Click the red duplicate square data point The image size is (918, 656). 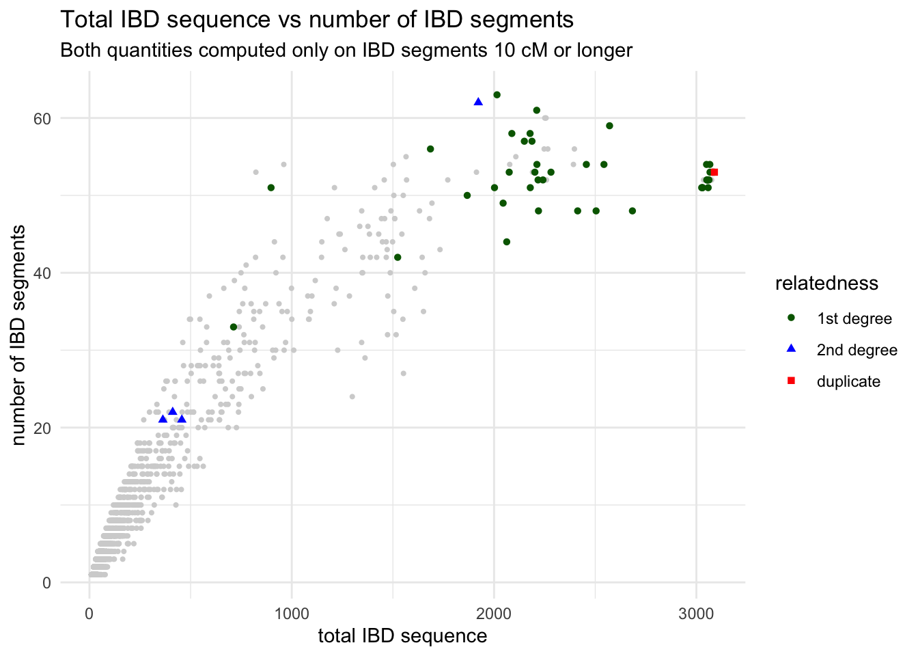(714, 172)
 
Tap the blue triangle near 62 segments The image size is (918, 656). (478, 102)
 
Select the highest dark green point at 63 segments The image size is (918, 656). (497, 95)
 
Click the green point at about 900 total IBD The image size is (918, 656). (271, 187)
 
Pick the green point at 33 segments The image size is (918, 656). (234, 327)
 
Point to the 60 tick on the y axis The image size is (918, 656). (43, 118)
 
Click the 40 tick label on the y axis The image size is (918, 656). (43, 273)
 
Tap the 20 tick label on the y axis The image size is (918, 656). (43, 428)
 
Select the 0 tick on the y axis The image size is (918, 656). (46, 583)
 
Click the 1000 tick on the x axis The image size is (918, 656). (292, 612)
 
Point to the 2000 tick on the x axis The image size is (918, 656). (494, 612)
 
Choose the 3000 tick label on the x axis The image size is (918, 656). (697, 612)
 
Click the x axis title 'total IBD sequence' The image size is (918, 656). (402, 636)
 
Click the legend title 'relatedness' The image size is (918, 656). (826, 284)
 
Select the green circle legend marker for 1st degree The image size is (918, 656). (791, 318)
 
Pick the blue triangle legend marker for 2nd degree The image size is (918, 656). (791, 349)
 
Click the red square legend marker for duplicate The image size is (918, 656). (791, 381)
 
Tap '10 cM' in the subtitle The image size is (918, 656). (524, 51)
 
